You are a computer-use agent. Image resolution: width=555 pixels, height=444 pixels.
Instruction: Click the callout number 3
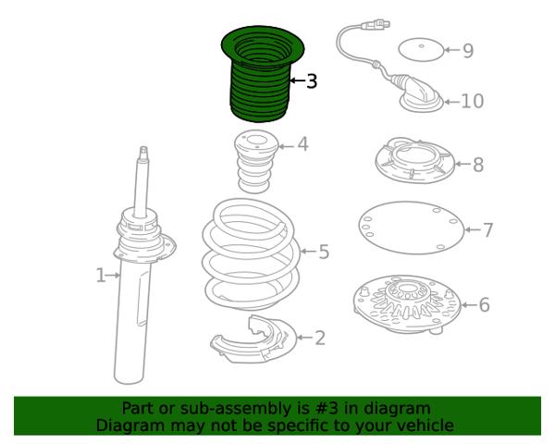(311, 81)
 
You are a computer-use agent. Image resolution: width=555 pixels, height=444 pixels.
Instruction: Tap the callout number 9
(468, 51)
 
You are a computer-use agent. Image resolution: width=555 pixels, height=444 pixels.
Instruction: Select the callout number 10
(472, 101)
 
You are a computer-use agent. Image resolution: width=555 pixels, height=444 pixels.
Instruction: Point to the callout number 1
(101, 275)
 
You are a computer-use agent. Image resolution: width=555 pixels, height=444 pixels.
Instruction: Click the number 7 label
(487, 229)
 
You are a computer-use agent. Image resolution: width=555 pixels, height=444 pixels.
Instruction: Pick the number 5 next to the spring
(324, 252)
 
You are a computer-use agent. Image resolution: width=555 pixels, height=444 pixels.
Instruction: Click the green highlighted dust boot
(262, 73)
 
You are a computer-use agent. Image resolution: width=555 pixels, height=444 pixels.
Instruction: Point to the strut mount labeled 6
(407, 305)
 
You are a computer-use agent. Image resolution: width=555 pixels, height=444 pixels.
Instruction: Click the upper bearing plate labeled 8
(414, 162)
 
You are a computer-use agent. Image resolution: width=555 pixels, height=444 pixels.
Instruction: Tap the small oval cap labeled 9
(421, 50)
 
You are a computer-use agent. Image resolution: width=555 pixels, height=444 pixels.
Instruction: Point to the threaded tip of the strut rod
(143, 153)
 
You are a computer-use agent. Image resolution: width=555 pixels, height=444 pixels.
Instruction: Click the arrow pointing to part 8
(462, 164)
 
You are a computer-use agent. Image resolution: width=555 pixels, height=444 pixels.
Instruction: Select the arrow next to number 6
(468, 304)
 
